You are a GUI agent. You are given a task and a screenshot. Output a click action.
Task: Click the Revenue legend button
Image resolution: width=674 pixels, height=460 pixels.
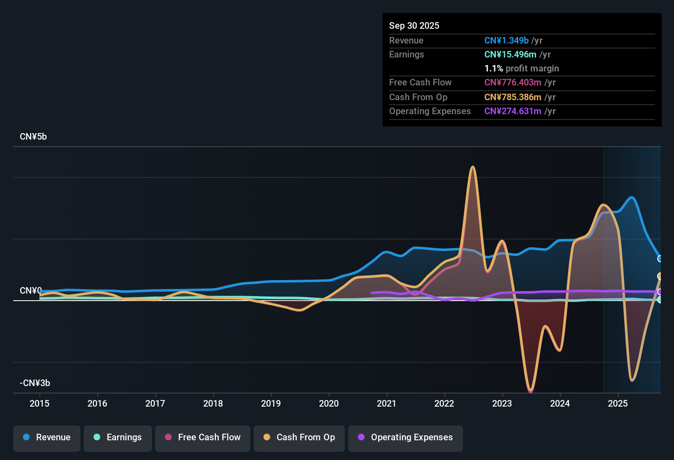click(x=47, y=437)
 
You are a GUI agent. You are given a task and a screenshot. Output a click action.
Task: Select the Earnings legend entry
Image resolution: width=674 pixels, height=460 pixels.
click(x=118, y=437)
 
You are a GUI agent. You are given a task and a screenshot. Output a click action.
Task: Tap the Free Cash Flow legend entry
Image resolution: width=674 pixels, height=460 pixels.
click(x=203, y=437)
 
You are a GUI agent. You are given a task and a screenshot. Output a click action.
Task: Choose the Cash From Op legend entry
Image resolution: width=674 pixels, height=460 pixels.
click(x=299, y=437)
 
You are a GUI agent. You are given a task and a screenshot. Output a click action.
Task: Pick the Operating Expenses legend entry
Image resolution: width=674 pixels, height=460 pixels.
click(x=406, y=437)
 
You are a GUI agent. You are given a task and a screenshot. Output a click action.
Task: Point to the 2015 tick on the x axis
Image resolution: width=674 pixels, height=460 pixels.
click(x=39, y=403)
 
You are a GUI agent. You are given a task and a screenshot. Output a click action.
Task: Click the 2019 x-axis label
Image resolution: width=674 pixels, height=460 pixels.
click(x=271, y=403)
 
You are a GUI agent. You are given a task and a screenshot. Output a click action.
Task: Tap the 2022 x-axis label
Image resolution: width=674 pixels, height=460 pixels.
click(x=444, y=403)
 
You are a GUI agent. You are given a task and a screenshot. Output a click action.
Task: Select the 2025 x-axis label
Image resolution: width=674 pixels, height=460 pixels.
click(x=618, y=403)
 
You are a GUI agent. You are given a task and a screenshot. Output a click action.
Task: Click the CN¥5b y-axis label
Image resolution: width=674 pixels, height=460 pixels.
click(x=33, y=137)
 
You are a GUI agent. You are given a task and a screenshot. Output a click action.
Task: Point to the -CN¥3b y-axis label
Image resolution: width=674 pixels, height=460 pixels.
click(x=35, y=383)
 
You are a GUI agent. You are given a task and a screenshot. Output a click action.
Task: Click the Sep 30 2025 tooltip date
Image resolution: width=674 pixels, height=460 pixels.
click(x=414, y=26)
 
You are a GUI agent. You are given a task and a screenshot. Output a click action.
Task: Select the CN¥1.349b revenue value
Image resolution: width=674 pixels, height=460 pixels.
click(x=506, y=41)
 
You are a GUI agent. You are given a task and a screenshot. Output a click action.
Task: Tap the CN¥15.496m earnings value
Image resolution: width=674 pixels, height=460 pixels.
click(x=510, y=55)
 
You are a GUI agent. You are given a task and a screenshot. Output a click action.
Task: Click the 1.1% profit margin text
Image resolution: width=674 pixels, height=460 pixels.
click(x=521, y=69)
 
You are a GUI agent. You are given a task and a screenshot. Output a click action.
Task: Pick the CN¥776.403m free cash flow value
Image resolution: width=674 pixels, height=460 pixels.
click(x=513, y=83)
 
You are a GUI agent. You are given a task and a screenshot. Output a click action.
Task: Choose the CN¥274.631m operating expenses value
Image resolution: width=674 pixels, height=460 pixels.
click(x=513, y=111)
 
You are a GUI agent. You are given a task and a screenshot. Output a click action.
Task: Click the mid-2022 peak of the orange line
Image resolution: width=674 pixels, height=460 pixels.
click(x=473, y=167)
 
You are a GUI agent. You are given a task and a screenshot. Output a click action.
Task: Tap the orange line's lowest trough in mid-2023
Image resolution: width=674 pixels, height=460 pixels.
click(x=531, y=390)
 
